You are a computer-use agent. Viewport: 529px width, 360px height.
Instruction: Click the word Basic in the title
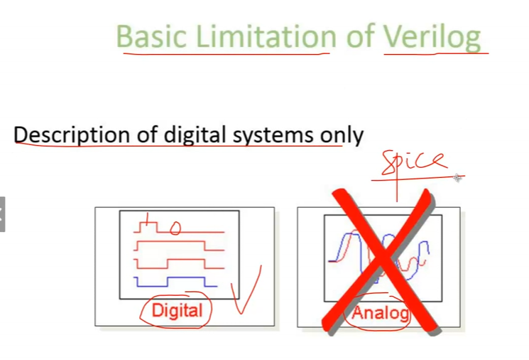pyautogui.click(x=151, y=36)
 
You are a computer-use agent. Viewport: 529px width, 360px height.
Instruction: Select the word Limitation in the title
pyautogui.click(x=266, y=36)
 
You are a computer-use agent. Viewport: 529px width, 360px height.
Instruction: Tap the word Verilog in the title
pyautogui.click(x=432, y=37)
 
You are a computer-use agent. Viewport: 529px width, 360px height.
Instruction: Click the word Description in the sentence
pyautogui.click(x=72, y=135)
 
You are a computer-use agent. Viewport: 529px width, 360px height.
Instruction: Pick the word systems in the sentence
pyautogui.click(x=273, y=136)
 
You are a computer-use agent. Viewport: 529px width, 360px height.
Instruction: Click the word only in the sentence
pyautogui.click(x=342, y=135)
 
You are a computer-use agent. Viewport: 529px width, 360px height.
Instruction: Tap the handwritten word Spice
pyautogui.click(x=415, y=162)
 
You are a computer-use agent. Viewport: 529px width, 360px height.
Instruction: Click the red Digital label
pyautogui.click(x=177, y=310)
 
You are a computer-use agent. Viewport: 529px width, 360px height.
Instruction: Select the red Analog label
pyautogui.click(x=381, y=312)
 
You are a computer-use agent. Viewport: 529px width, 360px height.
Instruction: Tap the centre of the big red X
pyautogui.click(x=381, y=262)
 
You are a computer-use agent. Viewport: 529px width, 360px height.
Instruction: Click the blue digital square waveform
pyautogui.click(x=175, y=282)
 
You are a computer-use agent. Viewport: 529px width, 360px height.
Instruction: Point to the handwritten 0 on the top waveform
pyautogui.click(x=175, y=228)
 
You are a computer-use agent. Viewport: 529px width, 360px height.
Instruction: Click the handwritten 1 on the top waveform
pyautogui.click(x=147, y=220)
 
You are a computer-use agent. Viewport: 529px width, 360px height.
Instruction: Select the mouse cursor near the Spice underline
pyautogui.click(x=457, y=178)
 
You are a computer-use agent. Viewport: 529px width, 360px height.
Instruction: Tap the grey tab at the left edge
pyautogui.click(x=2, y=214)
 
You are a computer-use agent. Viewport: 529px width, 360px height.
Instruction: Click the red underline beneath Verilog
pyautogui.click(x=436, y=53)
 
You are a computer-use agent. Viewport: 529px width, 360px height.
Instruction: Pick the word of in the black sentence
pyautogui.click(x=147, y=134)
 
